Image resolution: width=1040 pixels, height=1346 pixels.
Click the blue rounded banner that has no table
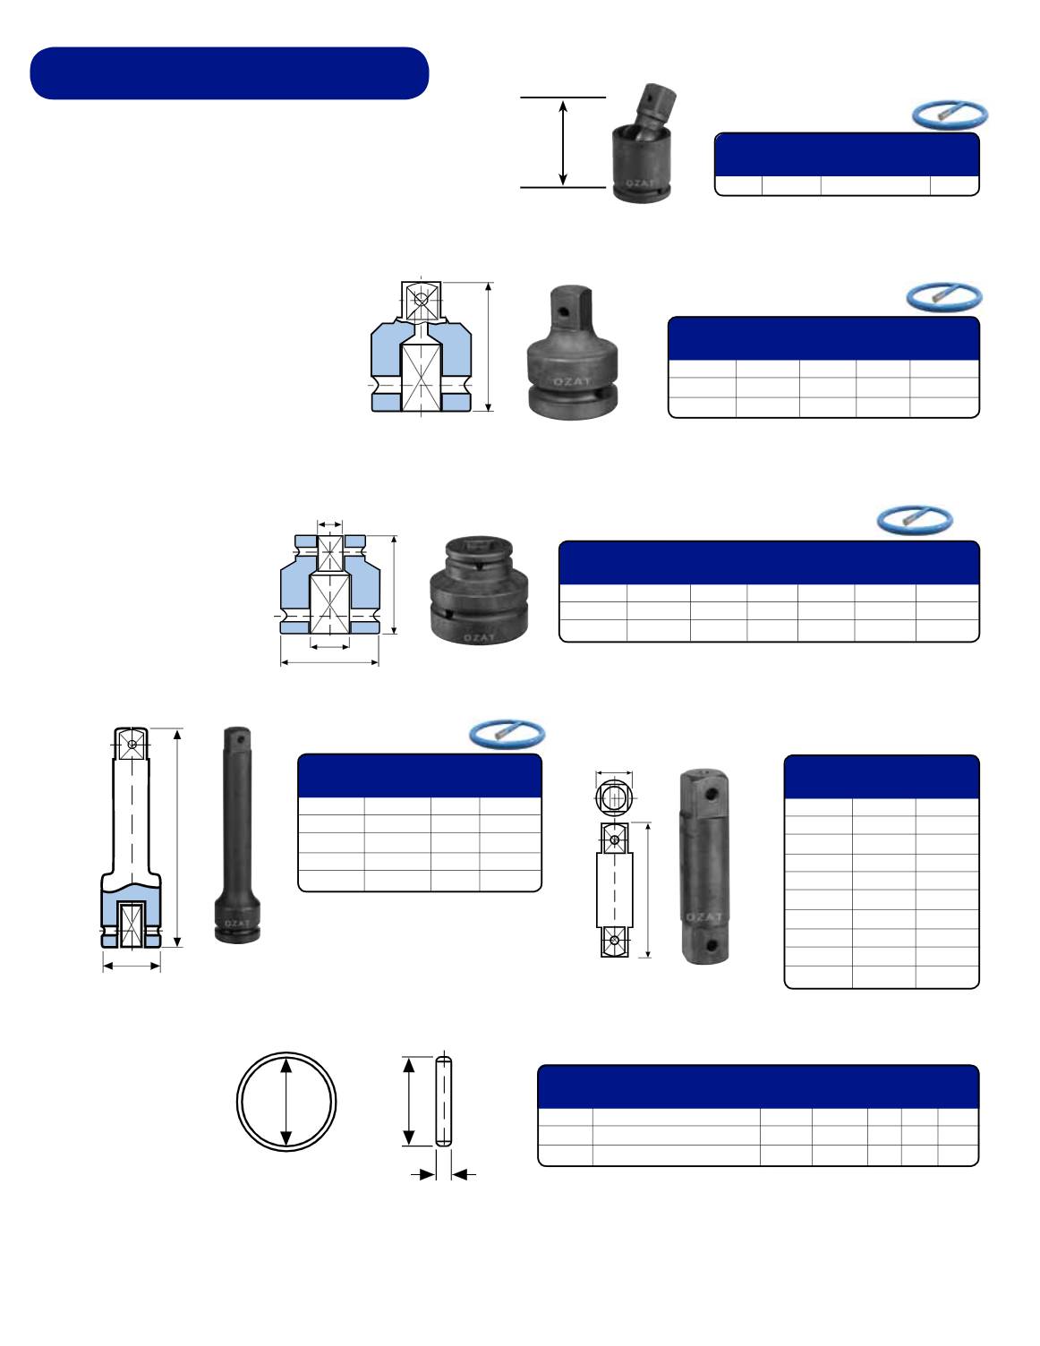pos(229,73)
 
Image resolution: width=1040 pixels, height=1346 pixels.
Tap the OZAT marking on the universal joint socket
pos(640,183)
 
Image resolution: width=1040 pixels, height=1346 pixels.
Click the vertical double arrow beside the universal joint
pos(563,142)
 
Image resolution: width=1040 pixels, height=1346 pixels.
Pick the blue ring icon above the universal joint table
pos(950,115)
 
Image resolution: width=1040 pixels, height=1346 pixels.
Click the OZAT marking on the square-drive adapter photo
pos(572,381)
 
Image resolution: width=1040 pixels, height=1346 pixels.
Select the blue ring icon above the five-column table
pos(944,297)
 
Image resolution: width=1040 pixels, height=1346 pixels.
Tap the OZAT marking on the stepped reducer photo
pos(480,637)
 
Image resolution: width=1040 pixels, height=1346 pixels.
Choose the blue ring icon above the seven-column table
pos(915,520)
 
